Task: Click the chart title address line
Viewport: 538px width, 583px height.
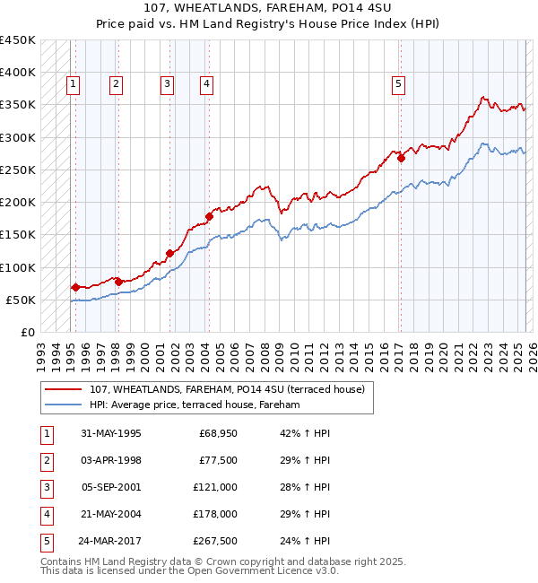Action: (x=268, y=8)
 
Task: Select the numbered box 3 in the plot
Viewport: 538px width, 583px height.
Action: (x=167, y=84)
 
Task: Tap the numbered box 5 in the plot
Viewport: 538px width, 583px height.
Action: (x=398, y=84)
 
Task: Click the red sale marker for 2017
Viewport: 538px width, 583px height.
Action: (x=402, y=159)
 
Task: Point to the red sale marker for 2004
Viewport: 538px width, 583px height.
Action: (x=209, y=216)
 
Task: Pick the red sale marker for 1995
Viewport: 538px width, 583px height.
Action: (x=75, y=287)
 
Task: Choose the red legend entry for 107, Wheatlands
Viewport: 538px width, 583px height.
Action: (x=226, y=390)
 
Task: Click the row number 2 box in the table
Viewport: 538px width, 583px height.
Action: (x=46, y=460)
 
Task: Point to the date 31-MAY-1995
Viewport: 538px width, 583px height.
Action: (x=110, y=433)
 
